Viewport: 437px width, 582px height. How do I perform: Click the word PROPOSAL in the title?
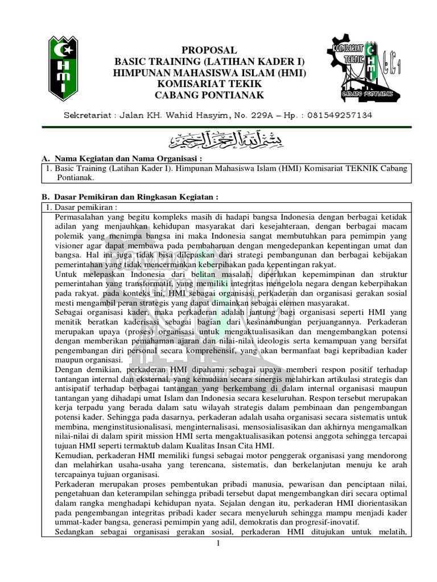(209, 51)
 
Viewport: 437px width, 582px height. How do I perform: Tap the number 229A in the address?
(262, 115)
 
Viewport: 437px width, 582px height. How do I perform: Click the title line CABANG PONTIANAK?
(209, 95)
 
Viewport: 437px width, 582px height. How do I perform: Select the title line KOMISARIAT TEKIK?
(209, 84)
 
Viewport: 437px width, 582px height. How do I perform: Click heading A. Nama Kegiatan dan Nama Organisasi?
(123, 159)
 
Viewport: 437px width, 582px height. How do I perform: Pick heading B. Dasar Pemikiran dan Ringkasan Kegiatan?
(131, 197)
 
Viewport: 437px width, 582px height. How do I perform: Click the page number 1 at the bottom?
(218, 544)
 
